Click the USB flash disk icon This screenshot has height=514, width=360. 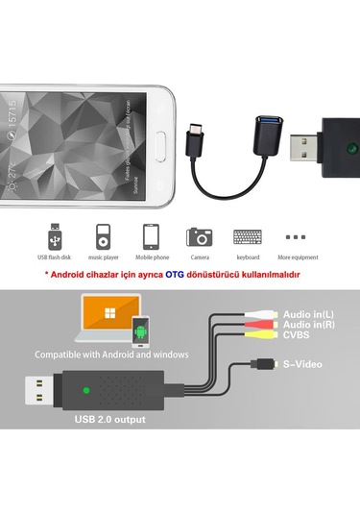[55, 235]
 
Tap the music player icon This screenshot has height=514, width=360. [102, 235]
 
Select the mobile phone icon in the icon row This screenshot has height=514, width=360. [150, 236]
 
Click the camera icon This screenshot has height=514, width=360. [200, 235]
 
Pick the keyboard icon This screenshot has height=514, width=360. [248, 236]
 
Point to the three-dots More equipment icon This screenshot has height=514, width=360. [297, 235]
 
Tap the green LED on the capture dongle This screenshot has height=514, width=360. [86, 391]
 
